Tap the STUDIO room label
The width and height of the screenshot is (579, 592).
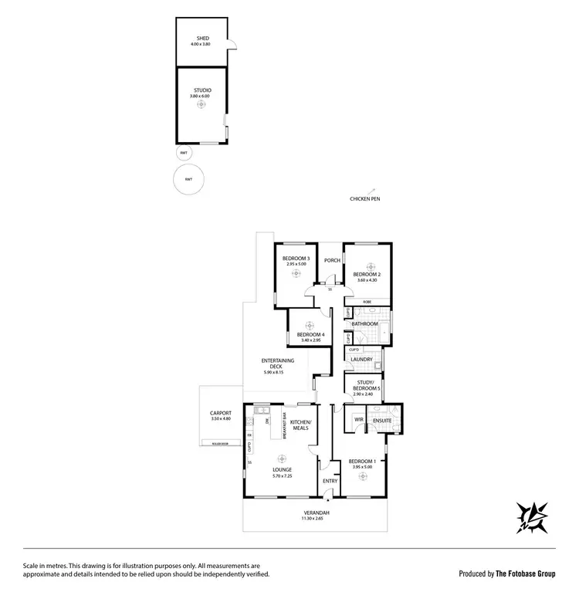pyautogui.click(x=201, y=91)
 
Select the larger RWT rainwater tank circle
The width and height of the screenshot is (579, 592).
pyautogui.click(x=188, y=180)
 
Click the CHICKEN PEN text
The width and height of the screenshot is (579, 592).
pyautogui.click(x=364, y=199)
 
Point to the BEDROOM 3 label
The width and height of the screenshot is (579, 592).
pyautogui.click(x=296, y=259)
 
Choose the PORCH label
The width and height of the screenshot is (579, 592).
pyautogui.click(x=332, y=260)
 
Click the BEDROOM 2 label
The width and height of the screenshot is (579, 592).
pyautogui.click(x=367, y=274)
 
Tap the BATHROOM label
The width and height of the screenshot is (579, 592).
pyautogui.click(x=367, y=323)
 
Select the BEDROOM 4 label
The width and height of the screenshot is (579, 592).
pyautogui.click(x=311, y=334)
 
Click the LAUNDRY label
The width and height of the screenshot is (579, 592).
pyautogui.click(x=361, y=360)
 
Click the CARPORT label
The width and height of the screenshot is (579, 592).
pyautogui.click(x=221, y=413)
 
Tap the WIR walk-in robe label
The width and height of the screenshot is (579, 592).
pyautogui.click(x=359, y=419)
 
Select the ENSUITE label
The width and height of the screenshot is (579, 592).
pyautogui.click(x=382, y=419)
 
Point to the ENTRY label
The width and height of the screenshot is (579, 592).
pyautogui.click(x=330, y=481)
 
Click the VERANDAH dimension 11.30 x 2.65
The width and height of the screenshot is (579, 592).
pyautogui.click(x=315, y=519)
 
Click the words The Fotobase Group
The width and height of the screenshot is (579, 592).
pyautogui.click(x=525, y=573)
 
